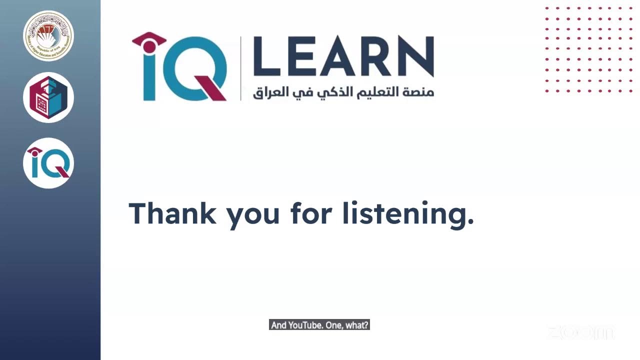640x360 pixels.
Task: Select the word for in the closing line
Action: coord(311,213)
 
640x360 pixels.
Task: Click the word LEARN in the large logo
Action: coord(343,56)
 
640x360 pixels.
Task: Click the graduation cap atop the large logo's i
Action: coord(149,39)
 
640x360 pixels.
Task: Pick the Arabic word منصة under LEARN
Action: coord(418,92)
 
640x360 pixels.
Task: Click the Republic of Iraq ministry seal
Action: coord(48,35)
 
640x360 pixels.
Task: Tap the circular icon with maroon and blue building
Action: coord(48,97)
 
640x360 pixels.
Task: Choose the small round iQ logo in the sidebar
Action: coord(48,163)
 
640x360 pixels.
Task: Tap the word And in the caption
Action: coord(279,325)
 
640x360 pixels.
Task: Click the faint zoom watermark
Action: coord(580,332)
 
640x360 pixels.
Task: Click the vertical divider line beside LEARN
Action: coord(241,68)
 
